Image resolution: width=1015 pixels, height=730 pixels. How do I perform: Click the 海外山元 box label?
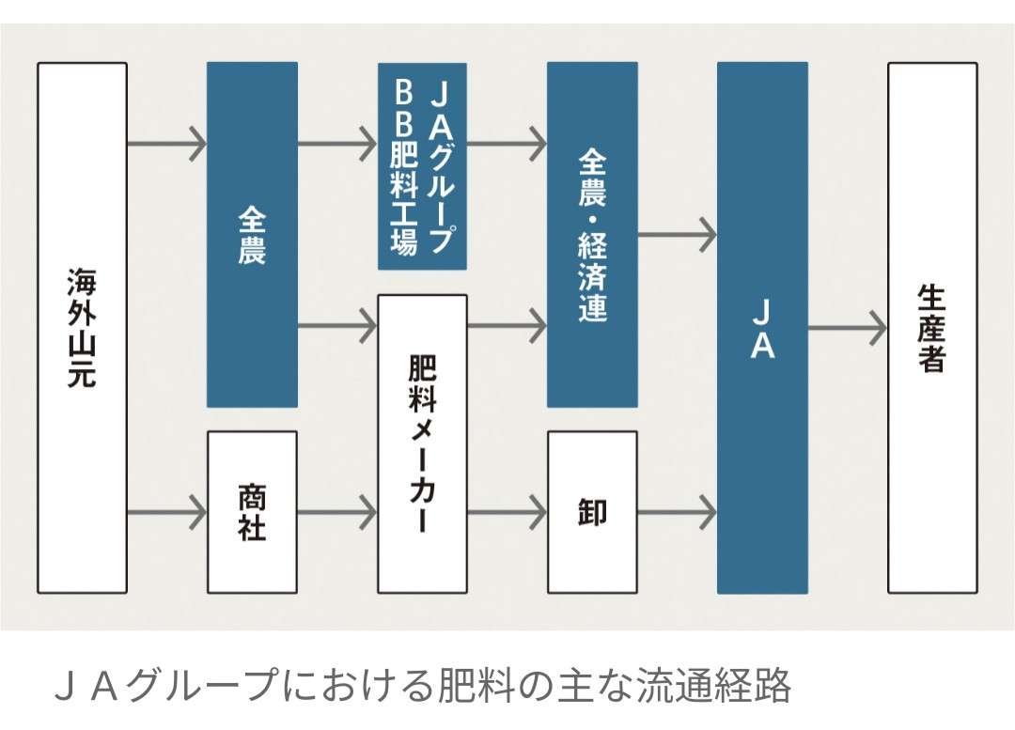[82, 327]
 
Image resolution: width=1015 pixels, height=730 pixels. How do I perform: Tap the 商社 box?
[252, 512]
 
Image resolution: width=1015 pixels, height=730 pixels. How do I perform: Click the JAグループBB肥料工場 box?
[422, 166]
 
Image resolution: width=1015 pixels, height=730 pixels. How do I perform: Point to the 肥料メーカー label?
[423, 443]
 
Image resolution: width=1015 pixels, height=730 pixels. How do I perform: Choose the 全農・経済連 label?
[592, 236]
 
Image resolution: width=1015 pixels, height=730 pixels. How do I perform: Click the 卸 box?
[592, 512]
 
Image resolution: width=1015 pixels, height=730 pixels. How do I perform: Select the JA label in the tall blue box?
[762, 329]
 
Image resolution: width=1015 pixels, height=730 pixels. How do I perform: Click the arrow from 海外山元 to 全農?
[167, 143]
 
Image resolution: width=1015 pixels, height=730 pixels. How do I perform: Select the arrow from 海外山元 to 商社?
[167, 513]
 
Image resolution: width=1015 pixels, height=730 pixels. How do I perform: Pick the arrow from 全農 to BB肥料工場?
[337, 143]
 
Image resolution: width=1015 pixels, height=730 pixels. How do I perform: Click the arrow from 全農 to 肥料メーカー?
[337, 325]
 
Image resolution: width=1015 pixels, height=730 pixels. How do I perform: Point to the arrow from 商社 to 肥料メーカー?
[337, 513]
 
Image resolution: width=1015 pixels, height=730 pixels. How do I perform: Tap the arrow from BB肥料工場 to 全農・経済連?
[507, 143]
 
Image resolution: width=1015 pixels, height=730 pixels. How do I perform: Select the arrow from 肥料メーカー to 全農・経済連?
[507, 325]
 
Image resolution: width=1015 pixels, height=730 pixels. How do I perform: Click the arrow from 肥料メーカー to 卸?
[507, 513]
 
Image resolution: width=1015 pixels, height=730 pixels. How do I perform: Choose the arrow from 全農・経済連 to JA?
[677, 235]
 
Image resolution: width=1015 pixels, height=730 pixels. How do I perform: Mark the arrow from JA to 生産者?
[848, 328]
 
